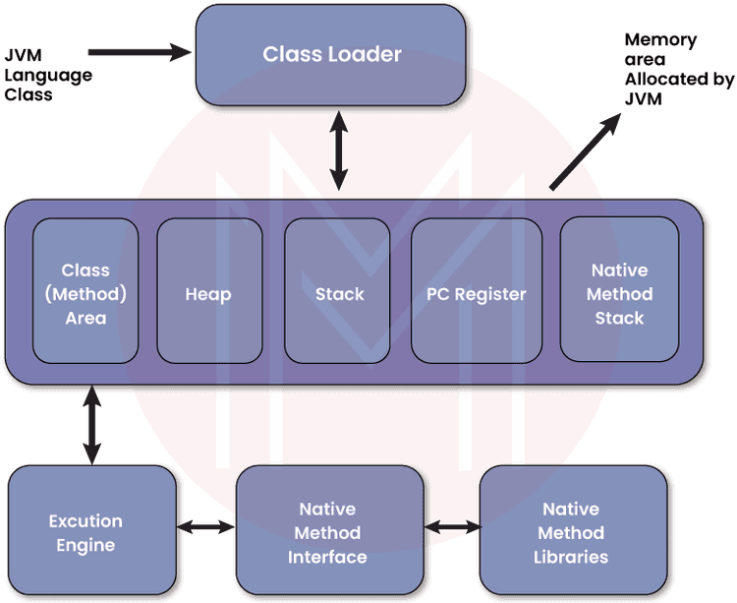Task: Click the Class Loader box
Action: tap(331, 54)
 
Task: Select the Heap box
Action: tap(208, 293)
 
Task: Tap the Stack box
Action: tap(339, 293)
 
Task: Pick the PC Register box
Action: tap(476, 293)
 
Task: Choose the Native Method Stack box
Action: tap(619, 293)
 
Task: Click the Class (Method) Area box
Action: tap(85, 293)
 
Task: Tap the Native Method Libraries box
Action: tap(571, 533)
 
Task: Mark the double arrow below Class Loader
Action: tap(339, 150)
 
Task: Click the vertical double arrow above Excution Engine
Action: tap(92, 426)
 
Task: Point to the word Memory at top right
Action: tap(660, 40)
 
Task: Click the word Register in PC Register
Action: tap(491, 294)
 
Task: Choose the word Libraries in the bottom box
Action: tap(571, 557)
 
